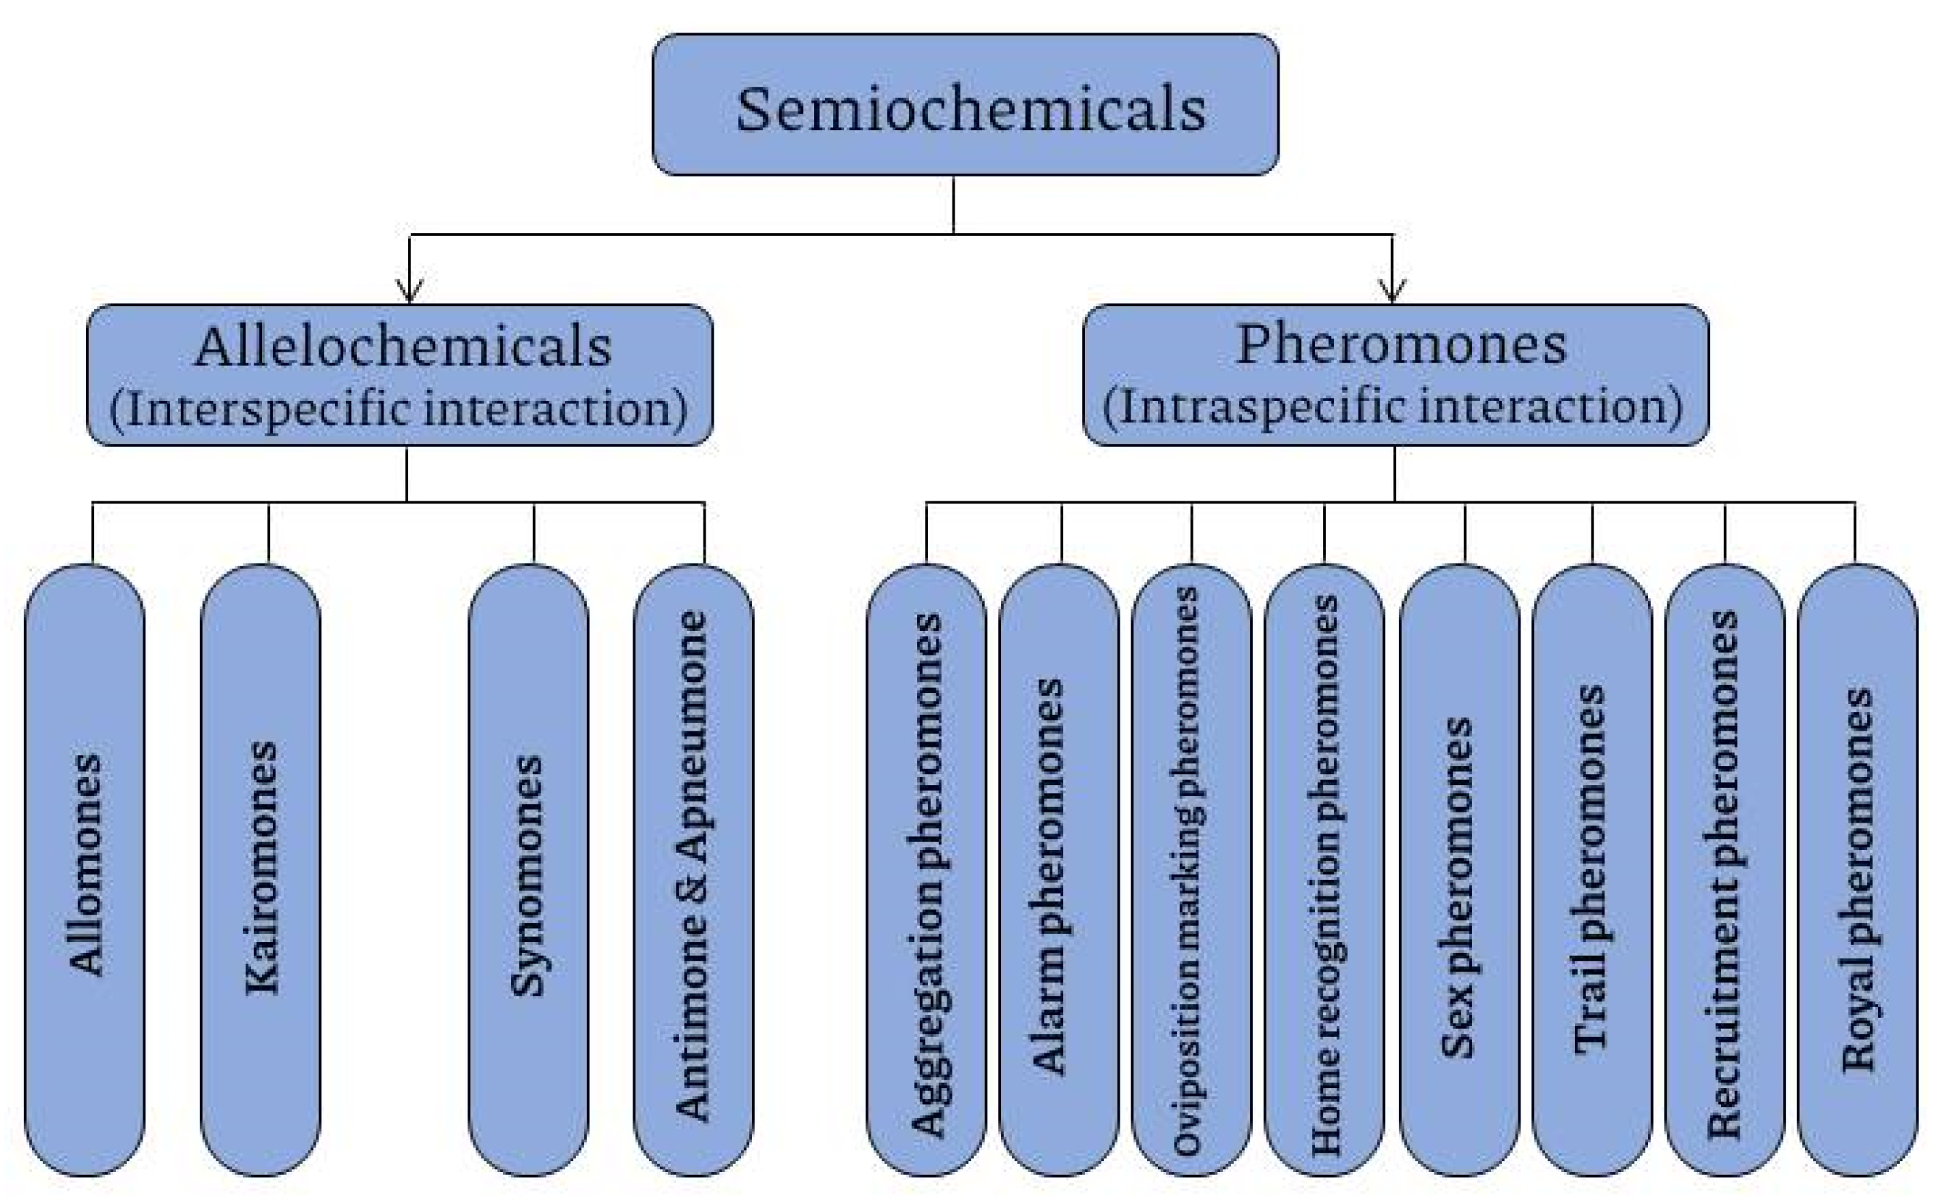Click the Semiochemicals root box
pos(965,105)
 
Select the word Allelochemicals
pos(403,347)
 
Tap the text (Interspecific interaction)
pos(398,409)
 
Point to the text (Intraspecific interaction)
pos(1392,407)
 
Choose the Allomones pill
pos(85,869)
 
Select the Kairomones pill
pos(261,869)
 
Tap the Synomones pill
pos(528,869)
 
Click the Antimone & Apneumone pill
pos(693,869)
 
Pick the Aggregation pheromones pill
pos(926,869)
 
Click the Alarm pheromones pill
pos(1058,869)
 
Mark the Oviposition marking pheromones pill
pos(1190,869)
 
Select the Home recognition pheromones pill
pos(1324,869)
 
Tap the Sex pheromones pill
pos(1458,869)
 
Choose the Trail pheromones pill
pos(1592,869)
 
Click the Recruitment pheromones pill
pos(1724,869)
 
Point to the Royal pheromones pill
pos(1856,869)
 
